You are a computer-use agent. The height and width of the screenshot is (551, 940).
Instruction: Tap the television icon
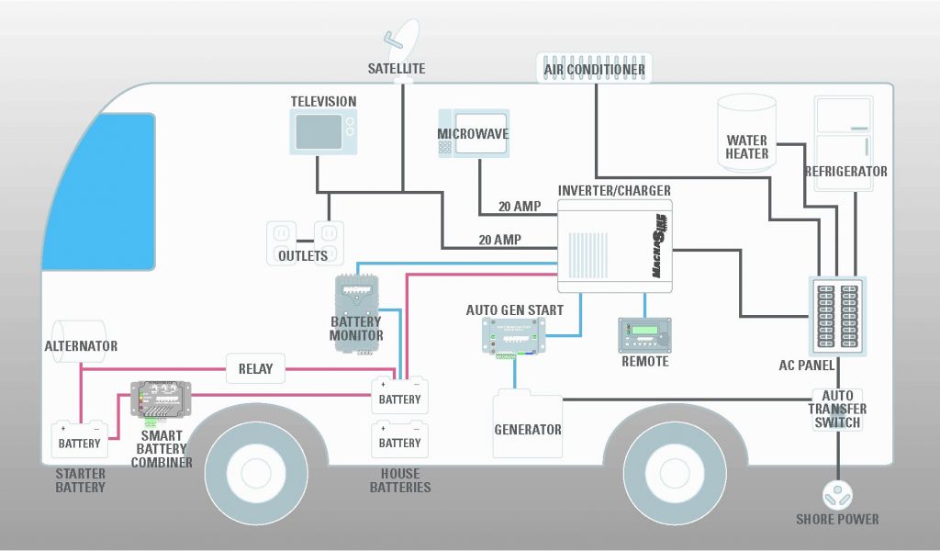pyautogui.click(x=322, y=131)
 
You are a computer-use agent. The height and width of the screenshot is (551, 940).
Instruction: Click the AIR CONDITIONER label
pyautogui.click(x=594, y=69)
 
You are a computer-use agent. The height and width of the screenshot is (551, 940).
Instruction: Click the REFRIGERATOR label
pyautogui.click(x=845, y=172)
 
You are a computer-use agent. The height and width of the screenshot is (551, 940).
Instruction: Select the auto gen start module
pyautogui.click(x=514, y=336)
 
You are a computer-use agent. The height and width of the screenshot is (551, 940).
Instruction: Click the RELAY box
pyautogui.click(x=255, y=369)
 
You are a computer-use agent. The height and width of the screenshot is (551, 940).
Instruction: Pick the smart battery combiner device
pyautogui.click(x=161, y=398)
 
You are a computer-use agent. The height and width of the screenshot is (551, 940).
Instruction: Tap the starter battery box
pyautogui.click(x=80, y=440)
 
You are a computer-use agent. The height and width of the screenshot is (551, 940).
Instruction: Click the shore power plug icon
pyautogui.click(x=836, y=495)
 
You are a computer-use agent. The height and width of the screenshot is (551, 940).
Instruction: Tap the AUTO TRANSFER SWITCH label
pyautogui.click(x=837, y=409)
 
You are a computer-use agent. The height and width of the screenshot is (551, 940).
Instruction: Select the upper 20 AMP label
pyautogui.click(x=520, y=207)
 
